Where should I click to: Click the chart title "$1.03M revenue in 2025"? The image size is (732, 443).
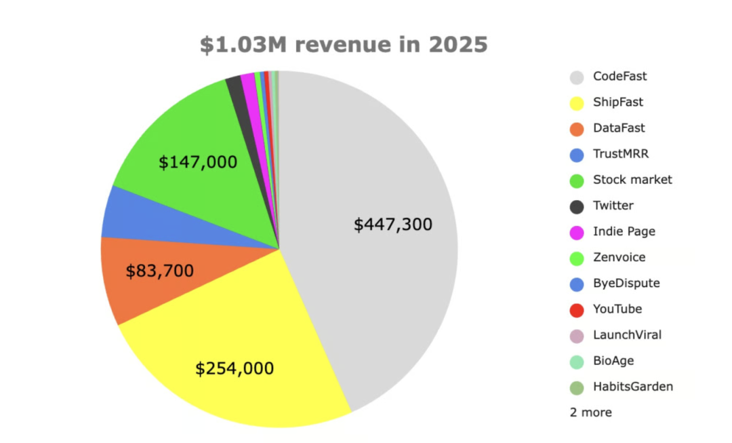[x=344, y=45]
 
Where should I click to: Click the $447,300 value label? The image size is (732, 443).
[x=393, y=225]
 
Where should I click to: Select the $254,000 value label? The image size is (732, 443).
[x=235, y=369]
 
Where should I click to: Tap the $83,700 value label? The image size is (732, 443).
[x=160, y=271]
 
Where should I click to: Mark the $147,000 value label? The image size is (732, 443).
[x=198, y=163]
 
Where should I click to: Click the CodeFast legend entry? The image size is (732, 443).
[x=619, y=77]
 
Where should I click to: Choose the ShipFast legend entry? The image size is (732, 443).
[x=617, y=102]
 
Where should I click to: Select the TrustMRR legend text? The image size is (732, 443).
[x=620, y=154]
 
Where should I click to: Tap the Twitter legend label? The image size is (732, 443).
[x=613, y=206]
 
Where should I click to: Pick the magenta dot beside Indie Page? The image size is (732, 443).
[x=577, y=233]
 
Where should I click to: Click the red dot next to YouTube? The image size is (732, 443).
[x=577, y=310]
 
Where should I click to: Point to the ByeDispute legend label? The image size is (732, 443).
[x=626, y=284]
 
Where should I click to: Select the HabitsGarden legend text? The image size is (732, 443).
[x=632, y=387]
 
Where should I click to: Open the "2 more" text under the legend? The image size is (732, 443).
[x=590, y=412]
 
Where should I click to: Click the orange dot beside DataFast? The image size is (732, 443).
[x=577, y=129]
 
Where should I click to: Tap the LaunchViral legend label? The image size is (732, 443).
[x=627, y=335]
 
